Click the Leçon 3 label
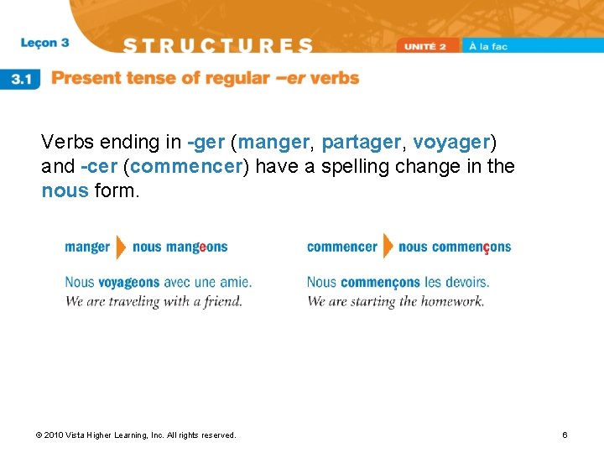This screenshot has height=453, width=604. (x=45, y=43)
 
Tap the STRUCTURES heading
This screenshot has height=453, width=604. (x=218, y=45)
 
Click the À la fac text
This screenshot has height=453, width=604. (x=488, y=47)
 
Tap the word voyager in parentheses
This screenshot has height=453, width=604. (x=451, y=143)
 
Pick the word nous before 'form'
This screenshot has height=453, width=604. (x=65, y=190)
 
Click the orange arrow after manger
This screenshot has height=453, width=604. (x=121, y=247)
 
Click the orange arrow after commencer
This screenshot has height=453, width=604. (x=388, y=247)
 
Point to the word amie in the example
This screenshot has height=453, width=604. (x=235, y=283)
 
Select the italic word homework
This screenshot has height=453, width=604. (x=456, y=301)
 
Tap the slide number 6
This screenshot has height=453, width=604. (x=565, y=435)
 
